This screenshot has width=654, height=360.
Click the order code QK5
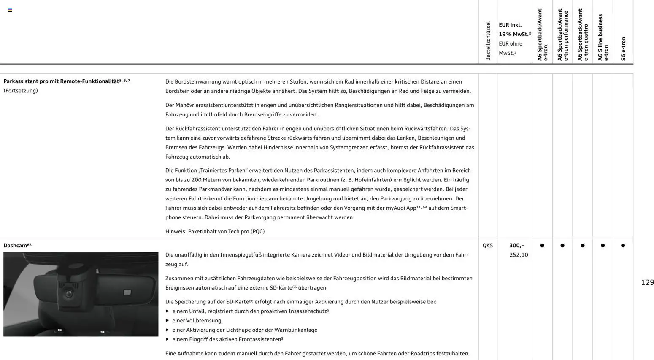[487, 245]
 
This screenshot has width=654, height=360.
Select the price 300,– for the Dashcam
[516, 245]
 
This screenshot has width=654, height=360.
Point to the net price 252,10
[519, 255]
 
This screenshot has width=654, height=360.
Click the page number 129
[647, 282]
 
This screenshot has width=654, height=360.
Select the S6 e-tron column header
[623, 49]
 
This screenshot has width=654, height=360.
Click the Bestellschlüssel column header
[488, 41]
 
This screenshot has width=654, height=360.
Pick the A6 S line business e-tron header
[603, 38]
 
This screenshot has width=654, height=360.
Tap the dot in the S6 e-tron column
[623, 245]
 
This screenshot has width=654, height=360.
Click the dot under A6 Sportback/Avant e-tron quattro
[582, 245]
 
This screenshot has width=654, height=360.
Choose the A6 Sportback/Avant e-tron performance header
[562, 35]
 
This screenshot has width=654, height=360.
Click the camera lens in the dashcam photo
[68, 293]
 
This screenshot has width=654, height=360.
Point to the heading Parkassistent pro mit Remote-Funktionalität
[61, 81]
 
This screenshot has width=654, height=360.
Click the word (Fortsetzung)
[21, 91]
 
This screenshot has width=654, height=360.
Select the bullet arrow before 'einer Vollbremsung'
[168, 320]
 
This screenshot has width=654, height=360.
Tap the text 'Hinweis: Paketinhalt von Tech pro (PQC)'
[215, 231]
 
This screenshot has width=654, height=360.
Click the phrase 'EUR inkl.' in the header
[510, 25]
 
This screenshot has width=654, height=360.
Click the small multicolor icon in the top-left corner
[10, 10]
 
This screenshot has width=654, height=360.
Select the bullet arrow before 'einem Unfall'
[168, 311]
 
